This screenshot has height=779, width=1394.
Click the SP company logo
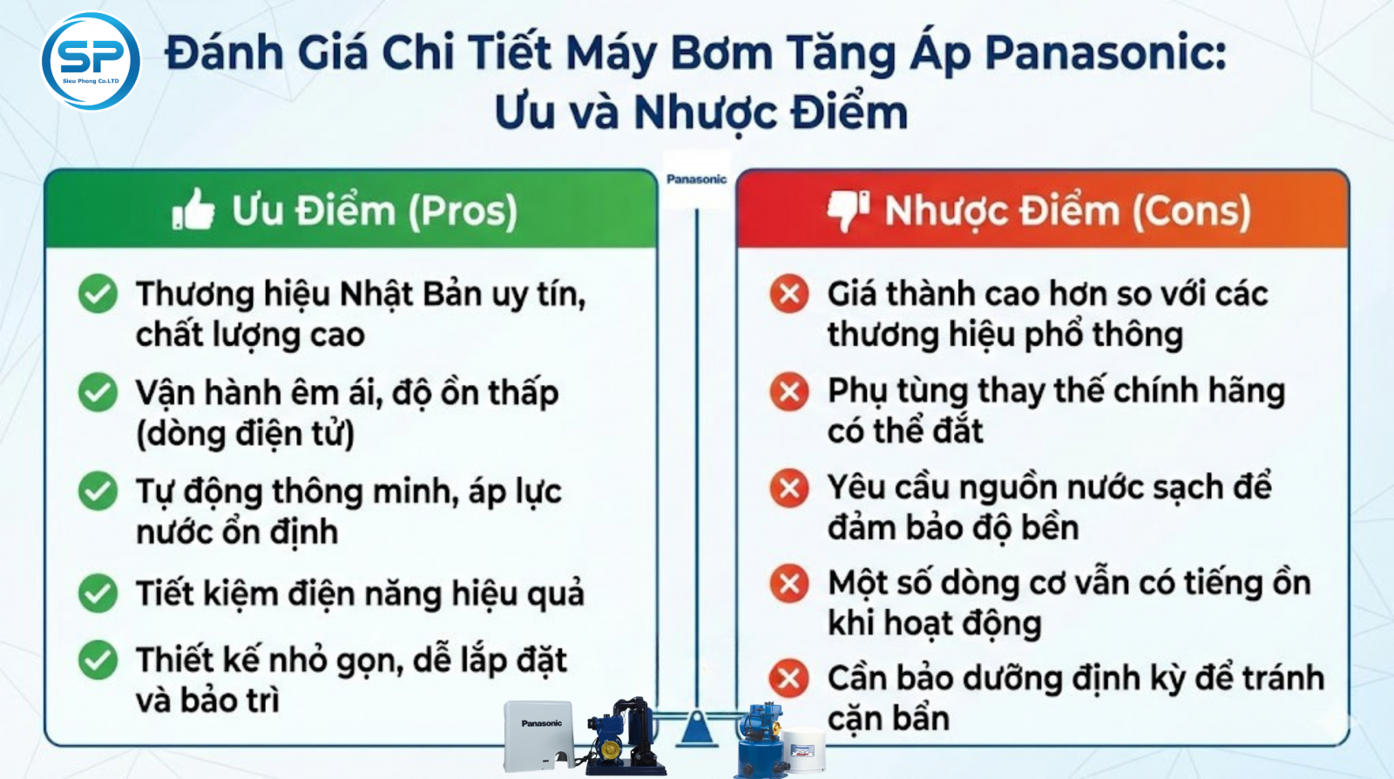(x=91, y=61)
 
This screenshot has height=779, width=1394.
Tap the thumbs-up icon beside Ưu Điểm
(x=193, y=210)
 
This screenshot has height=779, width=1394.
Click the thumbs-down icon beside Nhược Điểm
(x=849, y=211)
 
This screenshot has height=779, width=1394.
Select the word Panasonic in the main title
(x=1106, y=53)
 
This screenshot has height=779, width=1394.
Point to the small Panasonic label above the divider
(x=696, y=180)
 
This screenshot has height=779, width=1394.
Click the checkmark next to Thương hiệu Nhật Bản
(x=98, y=294)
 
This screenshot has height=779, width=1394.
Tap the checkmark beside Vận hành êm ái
(x=98, y=393)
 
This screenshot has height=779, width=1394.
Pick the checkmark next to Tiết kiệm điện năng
(x=98, y=593)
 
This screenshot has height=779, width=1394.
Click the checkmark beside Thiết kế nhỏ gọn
(x=98, y=660)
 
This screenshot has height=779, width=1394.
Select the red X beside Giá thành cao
(x=789, y=293)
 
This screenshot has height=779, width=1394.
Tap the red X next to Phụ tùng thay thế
(x=789, y=391)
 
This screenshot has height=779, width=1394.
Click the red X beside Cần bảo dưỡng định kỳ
(x=789, y=678)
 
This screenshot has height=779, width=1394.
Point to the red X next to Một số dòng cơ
(x=789, y=584)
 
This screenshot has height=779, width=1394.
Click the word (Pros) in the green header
(x=463, y=212)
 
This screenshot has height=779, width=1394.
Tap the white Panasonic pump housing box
(x=538, y=735)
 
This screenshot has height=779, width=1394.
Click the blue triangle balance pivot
(x=696, y=727)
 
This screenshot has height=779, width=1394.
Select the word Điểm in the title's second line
(x=849, y=112)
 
